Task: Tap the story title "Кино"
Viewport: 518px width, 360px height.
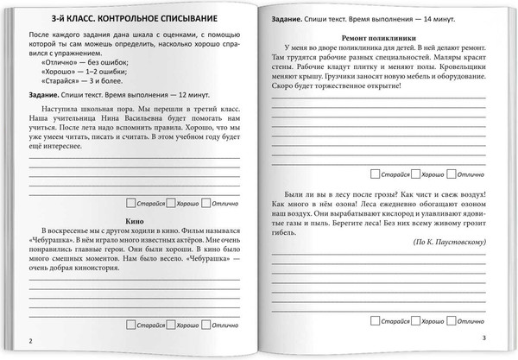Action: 133,221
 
